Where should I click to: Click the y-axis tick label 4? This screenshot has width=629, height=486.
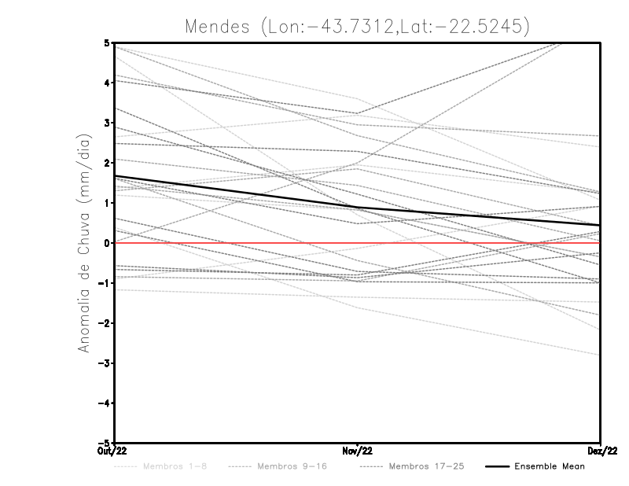pos(107,83)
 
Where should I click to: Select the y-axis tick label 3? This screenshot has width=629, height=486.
pos(107,123)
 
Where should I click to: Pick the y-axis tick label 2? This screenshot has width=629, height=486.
pos(107,163)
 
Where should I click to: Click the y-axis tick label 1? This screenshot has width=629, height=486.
pos(107,203)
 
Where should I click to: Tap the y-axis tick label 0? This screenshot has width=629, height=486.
pos(107,243)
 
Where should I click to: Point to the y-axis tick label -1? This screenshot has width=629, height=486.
pos(105,283)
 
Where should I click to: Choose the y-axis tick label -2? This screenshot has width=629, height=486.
pos(105,323)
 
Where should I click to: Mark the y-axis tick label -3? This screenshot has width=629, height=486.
pos(105,363)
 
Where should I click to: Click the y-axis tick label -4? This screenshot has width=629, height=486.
pos(105,403)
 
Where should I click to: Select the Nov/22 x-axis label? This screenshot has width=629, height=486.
pos(358,451)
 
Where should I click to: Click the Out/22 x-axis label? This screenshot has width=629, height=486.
pos(115,451)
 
